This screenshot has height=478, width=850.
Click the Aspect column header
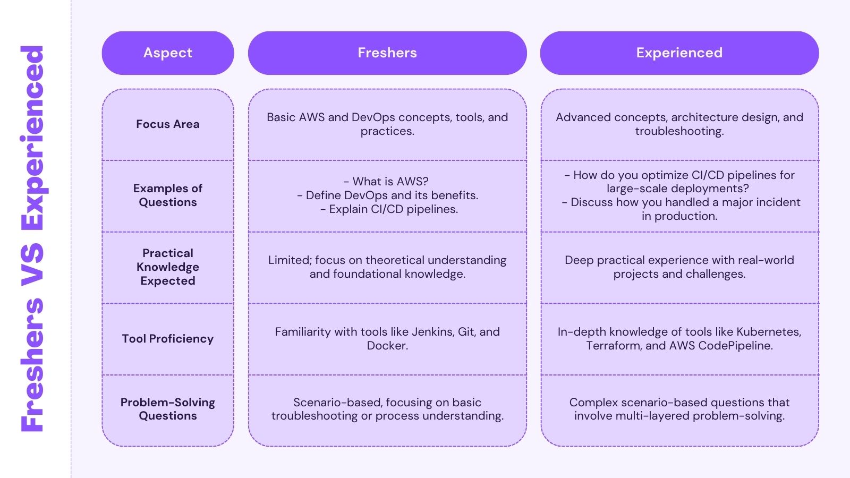(168, 53)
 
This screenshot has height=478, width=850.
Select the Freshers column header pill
(387, 53)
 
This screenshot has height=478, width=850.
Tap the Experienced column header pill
(679, 53)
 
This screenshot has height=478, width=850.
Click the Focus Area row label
(168, 124)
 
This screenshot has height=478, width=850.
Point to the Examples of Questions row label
(168, 195)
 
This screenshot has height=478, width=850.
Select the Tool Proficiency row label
(168, 339)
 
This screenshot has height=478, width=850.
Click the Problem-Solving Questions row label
(168, 409)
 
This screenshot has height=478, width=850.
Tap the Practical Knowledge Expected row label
(168, 267)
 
